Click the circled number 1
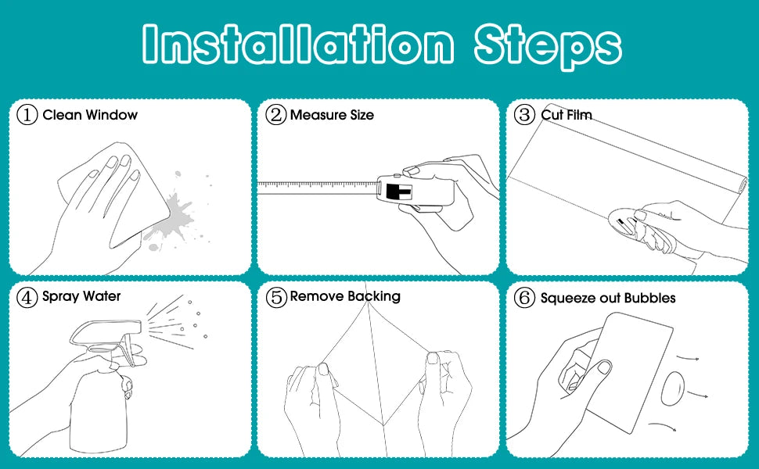pyautogui.click(x=27, y=115)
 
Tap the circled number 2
pyautogui.click(x=276, y=115)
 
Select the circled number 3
pyautogui.click(x=524, y=115)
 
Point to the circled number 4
pyautogui.click(x=27, y=297)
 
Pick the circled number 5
pyautogui.click(x=276, y=297)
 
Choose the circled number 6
pyautogui.click(x=524, y=297)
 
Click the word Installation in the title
pyautogui.click(x=298, y=44)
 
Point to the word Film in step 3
pyautogui.click(x=579, y=115)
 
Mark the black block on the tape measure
pyautogui.click(x=398, y=192)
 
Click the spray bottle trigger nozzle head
pyautogui.click(x=106, y=333)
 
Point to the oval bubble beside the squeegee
pyautogui.click(x=673, y=388)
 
